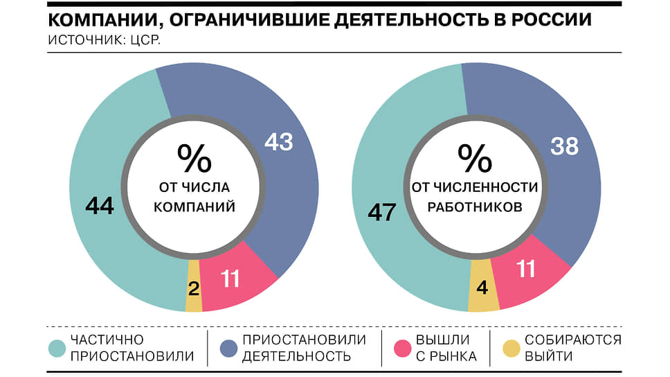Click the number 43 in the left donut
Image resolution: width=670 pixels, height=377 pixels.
tap(279, 142)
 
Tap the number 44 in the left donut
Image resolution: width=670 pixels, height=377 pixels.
tap(100, 205)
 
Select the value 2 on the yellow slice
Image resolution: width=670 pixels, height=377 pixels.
tap(194, 289)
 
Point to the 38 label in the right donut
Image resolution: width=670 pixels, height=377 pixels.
tap(565, 146)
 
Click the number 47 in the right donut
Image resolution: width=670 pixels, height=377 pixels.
tap(382, 212)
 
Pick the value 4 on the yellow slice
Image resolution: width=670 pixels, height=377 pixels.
tap(482, 287)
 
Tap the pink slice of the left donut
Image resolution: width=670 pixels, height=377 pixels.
tap(236, 278)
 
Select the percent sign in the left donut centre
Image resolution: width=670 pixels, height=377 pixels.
tap(194, 157)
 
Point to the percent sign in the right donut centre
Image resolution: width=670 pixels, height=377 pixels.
tap(475, 157)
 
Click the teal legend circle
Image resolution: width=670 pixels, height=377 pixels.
tap(57, 349)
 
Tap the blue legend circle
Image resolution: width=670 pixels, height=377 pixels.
tap(228, 349)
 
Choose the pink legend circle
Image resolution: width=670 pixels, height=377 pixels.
tap(402, 349)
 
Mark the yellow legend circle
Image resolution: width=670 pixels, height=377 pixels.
tap(511, 349)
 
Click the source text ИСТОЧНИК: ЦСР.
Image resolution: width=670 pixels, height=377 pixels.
tap(104, 40)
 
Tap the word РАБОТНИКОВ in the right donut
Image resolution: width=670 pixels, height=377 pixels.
tap(475, 207)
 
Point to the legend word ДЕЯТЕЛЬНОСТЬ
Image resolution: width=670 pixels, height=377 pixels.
tap(296, 356)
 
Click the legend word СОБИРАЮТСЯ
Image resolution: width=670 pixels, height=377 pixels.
tap(573, 340)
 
